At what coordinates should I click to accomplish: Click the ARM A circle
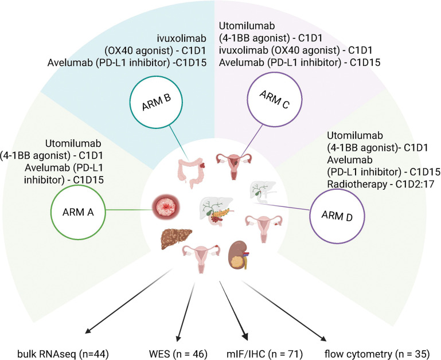pos(78,185)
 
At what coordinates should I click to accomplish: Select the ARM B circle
pos(157,75)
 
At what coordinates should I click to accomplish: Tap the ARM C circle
pos(274,73)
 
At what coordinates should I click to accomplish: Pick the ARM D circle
pos(337,189)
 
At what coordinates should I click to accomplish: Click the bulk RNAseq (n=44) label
pos(63,354)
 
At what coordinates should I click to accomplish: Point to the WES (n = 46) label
pos(178,354)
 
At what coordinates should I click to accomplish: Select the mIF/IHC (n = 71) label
pos(264,354)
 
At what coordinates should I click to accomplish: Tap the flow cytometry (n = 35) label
pos(377,354)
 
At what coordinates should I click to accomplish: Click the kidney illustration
pos(238,255)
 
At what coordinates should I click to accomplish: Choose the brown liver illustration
pos(177,238)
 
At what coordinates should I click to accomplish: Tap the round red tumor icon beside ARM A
pos(166,208)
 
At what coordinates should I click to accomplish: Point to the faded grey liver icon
pos(263,192)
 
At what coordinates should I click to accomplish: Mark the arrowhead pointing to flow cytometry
pos(323,338)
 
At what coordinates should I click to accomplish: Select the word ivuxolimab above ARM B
pos(181,38)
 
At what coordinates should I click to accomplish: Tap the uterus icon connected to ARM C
pos(233,166)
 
